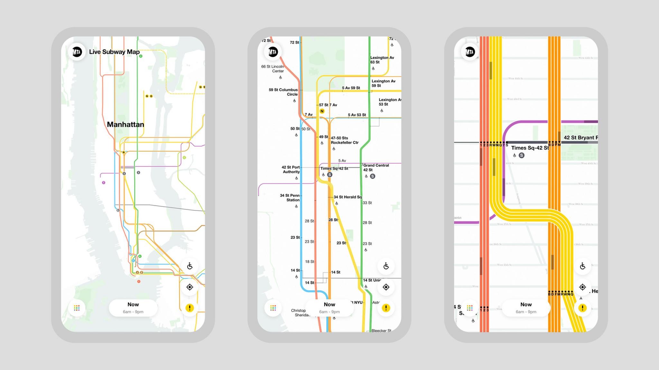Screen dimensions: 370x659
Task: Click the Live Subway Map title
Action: (114, 52)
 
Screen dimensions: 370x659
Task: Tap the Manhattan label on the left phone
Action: (125, 125)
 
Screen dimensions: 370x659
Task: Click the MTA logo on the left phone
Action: (77, 52)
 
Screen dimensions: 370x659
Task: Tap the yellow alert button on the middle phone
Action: (386, 308)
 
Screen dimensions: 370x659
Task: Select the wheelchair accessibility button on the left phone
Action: (190, 266)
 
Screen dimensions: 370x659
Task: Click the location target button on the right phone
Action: (582, 287)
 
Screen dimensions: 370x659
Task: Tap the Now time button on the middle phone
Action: (329, 308)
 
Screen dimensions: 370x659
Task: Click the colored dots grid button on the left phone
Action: (77, 308)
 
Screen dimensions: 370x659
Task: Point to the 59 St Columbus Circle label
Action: (283, 92)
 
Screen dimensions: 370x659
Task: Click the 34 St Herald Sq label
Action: (348, 197)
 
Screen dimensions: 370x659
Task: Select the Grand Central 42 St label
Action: (376, 168)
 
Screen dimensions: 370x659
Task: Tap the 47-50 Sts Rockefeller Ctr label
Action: (344, 140)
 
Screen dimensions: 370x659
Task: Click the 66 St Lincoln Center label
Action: (273, 69)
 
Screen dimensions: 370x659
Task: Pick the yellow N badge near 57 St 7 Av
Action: (322, 111)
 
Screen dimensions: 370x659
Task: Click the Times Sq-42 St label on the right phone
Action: (530, 148)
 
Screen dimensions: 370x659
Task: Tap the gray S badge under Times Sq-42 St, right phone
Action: (522, 155)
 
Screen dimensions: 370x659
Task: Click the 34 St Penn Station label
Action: (290, 198)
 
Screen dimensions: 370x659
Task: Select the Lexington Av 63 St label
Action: (382, 60)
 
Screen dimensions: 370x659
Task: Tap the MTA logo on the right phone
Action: (470, 52)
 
